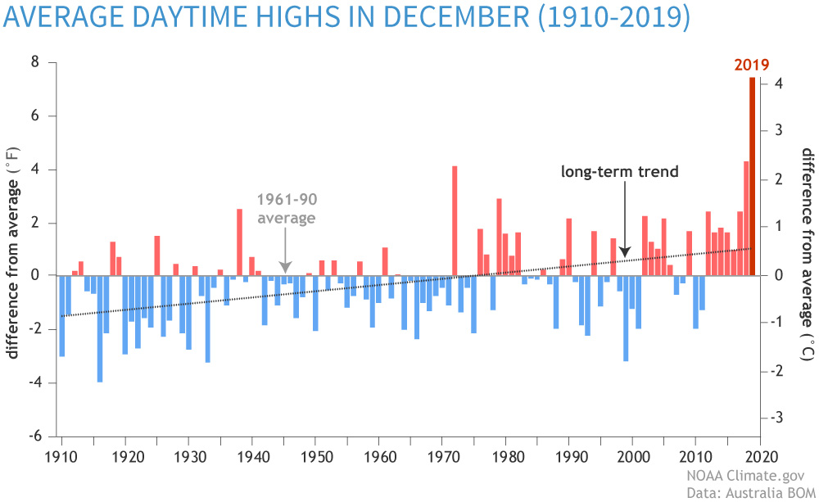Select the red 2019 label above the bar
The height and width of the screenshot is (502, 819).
tap(751, 66)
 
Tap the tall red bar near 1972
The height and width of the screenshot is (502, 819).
tap(455, 221)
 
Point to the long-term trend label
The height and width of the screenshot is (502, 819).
tap(620, 172)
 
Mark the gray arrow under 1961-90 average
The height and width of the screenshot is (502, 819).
tap(284, 250)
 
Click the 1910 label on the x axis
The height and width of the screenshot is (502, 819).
tap(60, 455)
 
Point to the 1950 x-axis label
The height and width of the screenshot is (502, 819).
tap(314, 455)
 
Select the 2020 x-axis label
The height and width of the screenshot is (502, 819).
tap(759, 455)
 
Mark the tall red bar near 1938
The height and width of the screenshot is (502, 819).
tap(239, 242)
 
